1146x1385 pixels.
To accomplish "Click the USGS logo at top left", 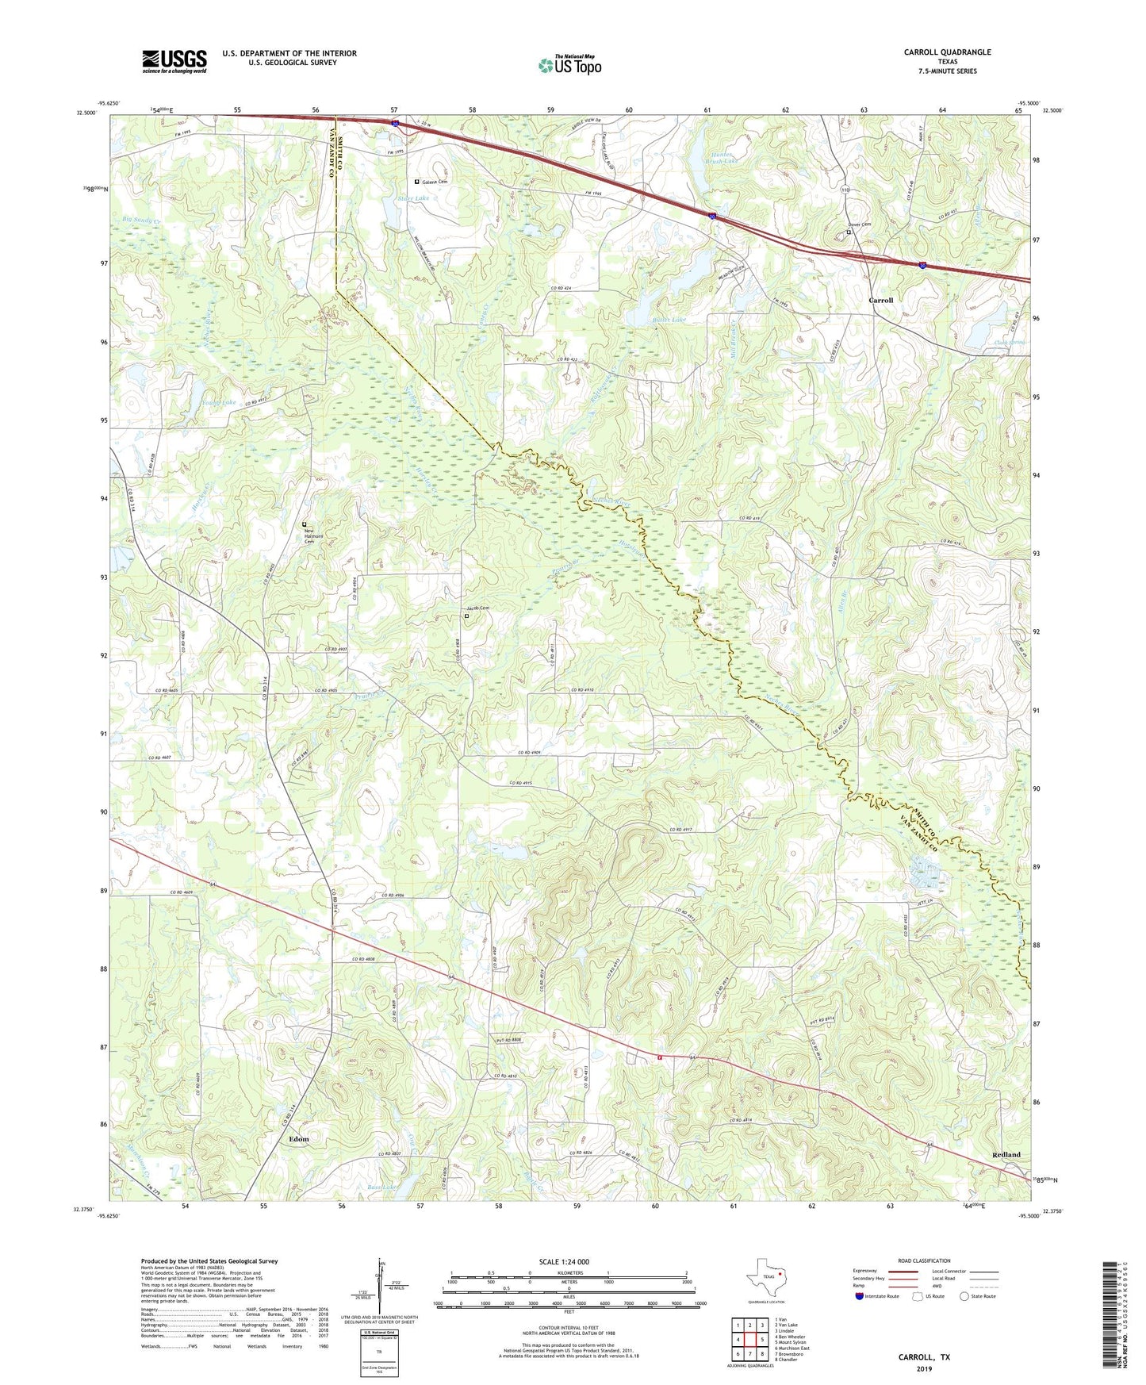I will (x=174, y=61).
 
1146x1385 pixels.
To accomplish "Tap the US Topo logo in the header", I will (x=569, y=65).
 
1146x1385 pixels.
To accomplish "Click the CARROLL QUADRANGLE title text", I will (x=947, y=52).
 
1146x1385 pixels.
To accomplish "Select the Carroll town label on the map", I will (x=880, y=301).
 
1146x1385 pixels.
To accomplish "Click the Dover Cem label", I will (x=859, y=224).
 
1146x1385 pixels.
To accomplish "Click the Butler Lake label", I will (x=668, y=319).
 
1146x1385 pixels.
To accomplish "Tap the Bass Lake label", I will (x=381, y=1187).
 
